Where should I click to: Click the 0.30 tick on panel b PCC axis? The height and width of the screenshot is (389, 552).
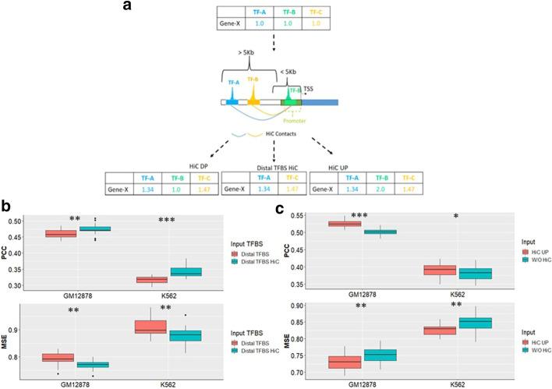pos(24,286)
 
